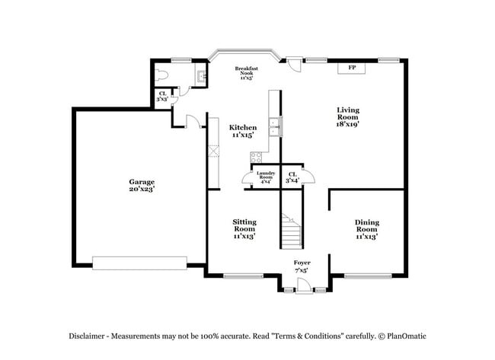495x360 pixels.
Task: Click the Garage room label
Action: click(141, 185)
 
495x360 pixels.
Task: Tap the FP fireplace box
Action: click(352, 68)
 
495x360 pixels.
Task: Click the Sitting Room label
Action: click(244, 228)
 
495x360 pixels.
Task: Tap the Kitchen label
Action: click(244, 131)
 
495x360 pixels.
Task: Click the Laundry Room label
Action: click(265, 178)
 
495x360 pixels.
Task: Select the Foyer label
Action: click(302, 266)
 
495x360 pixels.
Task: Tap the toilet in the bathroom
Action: click(161, 76)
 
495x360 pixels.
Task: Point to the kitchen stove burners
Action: click(257, 158)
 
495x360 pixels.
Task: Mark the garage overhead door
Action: click(139, 263)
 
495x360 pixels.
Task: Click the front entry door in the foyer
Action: click(303, 285)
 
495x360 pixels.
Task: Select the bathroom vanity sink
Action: click(200, 75)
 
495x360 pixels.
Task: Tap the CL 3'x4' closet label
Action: click(292, 178)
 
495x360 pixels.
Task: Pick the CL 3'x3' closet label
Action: click(162, 97)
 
